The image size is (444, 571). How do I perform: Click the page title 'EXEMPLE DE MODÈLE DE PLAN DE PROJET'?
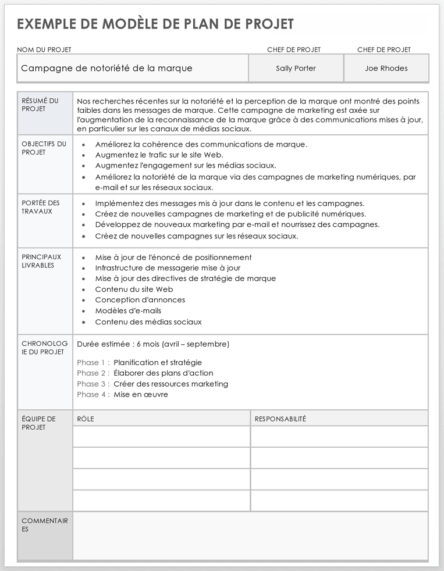click(155, 24)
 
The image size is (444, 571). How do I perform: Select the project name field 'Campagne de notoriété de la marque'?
click(106, 68)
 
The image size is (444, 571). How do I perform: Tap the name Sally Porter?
click(296, 68)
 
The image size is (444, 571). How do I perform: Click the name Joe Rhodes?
click(386, 68)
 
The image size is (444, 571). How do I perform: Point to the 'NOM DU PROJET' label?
click(44, 50)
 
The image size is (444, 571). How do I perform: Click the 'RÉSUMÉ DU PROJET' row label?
click(40, 105)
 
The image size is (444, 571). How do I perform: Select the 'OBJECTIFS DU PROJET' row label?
click(44, 148)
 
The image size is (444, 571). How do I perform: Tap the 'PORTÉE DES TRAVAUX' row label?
click(41, 207)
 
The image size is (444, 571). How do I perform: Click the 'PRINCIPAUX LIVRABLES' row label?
click(41, 261)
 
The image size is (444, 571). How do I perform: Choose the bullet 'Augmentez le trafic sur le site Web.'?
click(159, 155)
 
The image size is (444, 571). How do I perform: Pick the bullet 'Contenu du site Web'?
click(134, 289)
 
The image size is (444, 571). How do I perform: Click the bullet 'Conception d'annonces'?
click(140, 300)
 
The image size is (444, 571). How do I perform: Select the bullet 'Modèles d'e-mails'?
click(128, 311)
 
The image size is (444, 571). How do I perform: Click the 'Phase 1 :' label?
click(93, 362)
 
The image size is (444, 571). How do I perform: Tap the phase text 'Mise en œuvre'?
click(141, 394)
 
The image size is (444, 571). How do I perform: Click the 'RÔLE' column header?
click(86, 419)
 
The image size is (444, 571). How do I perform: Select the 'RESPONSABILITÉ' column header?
click(280, 419)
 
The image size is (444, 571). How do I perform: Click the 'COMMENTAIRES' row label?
click(44, 525)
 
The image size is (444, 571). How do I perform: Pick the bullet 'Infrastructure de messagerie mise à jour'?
click(168, 268)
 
